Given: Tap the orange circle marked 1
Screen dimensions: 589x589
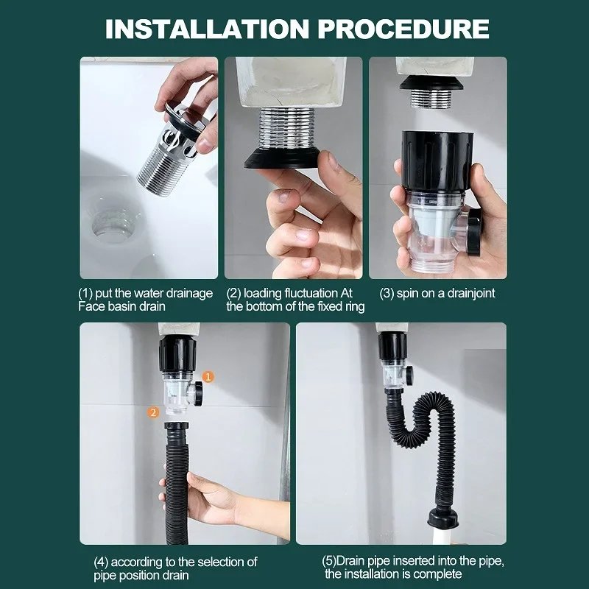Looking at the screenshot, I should coord(208,376).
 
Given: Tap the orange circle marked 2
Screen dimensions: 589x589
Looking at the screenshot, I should coord(153,412).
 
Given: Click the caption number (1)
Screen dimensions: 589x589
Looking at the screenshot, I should coord(88,293).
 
